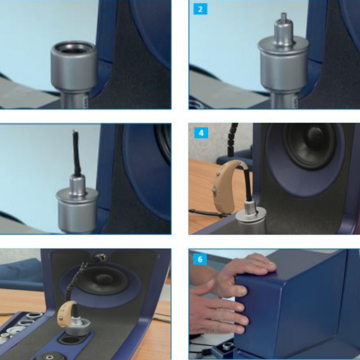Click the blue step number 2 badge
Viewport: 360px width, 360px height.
[x=200, y=9]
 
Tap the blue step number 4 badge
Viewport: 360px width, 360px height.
[x=201, y=133]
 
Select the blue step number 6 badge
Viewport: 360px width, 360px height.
[x=200, y=259]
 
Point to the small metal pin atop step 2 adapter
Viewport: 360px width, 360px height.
[x=284, y=17]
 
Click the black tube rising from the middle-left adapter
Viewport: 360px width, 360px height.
[x=76, y=154]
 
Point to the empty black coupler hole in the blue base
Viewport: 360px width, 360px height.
[x=71, y=340]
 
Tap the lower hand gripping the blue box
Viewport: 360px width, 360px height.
[x=218, y=314]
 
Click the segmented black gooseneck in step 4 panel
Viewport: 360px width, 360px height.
[x=232, y=140]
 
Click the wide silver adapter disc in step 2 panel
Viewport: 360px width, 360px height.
[x=283, y=46]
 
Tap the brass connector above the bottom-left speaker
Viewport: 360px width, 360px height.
[x=101, y=257]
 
